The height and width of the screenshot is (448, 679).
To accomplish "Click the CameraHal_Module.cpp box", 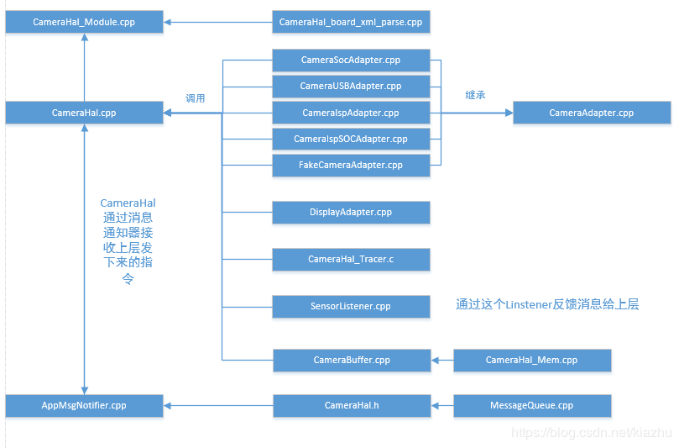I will coord(84,22).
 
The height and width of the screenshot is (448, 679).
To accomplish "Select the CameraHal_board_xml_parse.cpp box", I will coord(351,22).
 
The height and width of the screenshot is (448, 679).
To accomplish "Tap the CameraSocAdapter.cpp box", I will coord(351,61).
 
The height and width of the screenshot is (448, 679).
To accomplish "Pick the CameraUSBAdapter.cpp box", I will coord(351,87).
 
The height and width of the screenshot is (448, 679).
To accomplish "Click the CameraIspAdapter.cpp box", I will coord(351,113).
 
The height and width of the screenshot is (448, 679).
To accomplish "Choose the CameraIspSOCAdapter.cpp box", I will coord(351,139).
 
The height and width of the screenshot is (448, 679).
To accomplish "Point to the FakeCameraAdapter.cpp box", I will coord(351,165).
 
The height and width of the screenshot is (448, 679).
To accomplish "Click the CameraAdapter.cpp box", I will coord(591,113).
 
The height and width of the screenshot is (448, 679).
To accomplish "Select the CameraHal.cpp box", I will coord(84,113).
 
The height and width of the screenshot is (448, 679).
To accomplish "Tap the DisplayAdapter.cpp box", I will coord(351,213).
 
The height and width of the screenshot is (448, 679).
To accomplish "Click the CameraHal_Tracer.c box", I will coord(351,260).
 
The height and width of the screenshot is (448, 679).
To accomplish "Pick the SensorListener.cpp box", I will coord(351,307).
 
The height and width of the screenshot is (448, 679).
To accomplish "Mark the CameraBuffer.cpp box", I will coord(351,361).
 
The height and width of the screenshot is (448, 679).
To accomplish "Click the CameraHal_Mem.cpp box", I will coord(531,361).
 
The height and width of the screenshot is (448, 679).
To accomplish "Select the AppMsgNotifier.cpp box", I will coord(84,406).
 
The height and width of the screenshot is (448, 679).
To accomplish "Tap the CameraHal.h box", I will coord(351,406).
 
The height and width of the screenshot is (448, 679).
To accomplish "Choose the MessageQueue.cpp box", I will coord(531,406).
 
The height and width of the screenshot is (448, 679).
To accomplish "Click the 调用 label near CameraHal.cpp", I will coord(196,98).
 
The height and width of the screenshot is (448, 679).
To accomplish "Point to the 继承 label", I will coord(475,95).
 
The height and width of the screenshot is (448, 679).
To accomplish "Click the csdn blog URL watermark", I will coord(592,433).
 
